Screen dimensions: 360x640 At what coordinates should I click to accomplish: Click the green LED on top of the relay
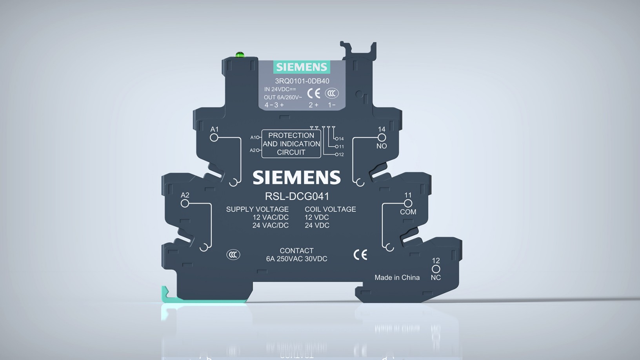240,55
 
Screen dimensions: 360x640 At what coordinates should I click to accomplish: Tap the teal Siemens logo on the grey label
301,67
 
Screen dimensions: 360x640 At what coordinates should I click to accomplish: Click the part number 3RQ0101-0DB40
302,81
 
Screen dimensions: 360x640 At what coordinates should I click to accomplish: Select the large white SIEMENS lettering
296,178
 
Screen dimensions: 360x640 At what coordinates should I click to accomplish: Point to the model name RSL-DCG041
297,196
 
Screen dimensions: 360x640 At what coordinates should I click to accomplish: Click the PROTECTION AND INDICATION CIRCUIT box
291,144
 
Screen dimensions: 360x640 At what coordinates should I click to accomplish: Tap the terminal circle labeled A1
214,138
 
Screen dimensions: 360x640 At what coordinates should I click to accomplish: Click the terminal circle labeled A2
185,203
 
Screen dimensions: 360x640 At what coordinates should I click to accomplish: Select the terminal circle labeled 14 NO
382,138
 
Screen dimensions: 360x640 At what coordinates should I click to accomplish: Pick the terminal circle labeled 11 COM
408,203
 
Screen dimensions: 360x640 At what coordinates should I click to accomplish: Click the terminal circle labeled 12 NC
436,269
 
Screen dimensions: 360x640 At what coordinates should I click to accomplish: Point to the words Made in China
397,278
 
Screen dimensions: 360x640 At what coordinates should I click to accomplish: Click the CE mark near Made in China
360,255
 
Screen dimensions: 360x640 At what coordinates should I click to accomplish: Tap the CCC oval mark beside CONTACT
233,255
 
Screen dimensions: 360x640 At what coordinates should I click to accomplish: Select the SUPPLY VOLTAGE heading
257,209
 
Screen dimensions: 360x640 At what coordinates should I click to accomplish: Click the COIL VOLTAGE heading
330,209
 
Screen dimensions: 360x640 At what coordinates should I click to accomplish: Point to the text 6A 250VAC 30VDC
296,259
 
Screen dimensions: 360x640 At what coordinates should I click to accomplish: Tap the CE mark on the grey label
313,93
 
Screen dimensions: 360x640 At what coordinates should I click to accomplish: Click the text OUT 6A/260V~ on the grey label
283,97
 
